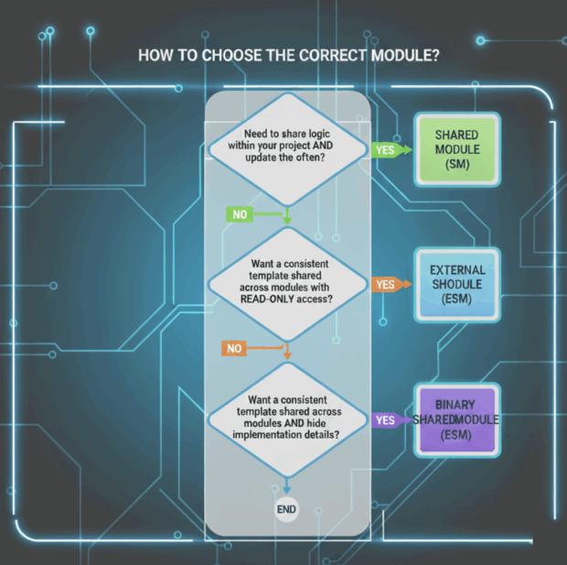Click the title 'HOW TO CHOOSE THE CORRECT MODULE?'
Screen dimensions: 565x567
[x=288, y=56]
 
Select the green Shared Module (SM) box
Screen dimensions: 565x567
[x=457, y=149]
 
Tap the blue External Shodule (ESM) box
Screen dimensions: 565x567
[x=457, y=284]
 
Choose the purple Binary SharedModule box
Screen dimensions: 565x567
[x=456, y=418]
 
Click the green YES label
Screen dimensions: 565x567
[x=385, y=149]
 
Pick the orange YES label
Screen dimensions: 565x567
[x=385, y=285]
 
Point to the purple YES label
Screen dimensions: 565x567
[x=385, y=420]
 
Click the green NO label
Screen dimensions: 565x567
[x=240, y=214]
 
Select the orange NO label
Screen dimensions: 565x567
[x=235, y=349]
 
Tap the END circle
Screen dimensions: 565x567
[x=287, y=509]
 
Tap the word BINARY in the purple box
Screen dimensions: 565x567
[x=455, y=404]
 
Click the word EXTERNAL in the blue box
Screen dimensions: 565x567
[x=457, y=270]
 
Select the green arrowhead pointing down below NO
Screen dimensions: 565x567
[x=287, y=222]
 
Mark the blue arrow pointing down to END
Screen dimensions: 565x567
[x=287, y=487]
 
